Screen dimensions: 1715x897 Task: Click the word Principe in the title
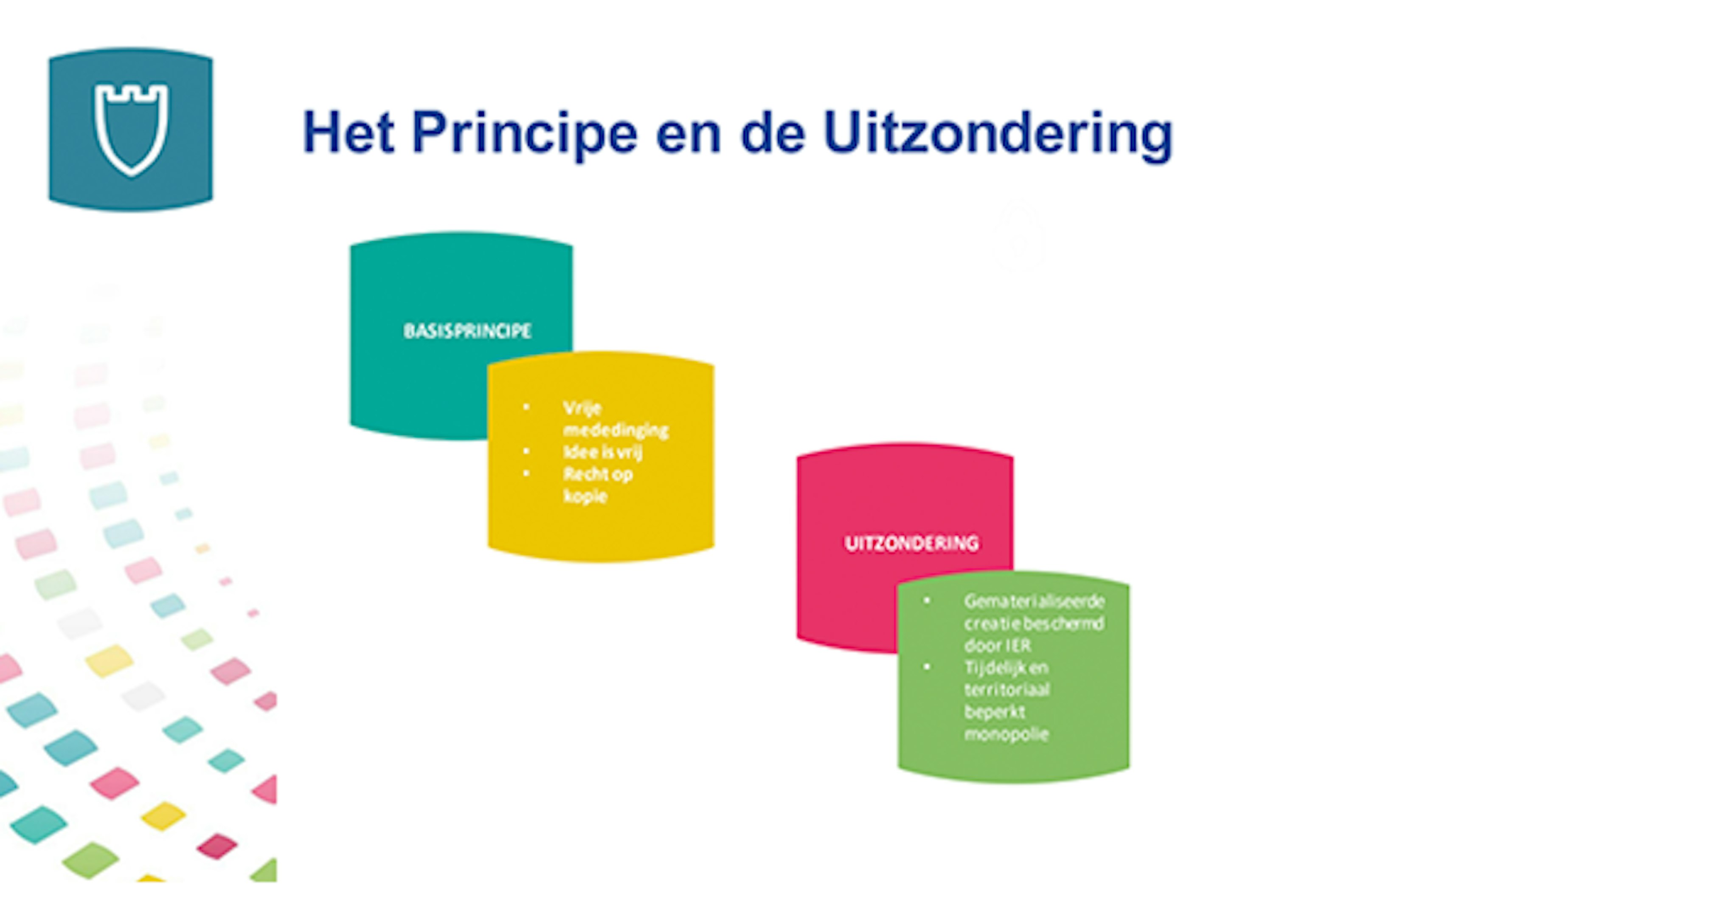[525, 134]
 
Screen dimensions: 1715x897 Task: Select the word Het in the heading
[348, 132]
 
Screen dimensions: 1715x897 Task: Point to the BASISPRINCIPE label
[467, 331]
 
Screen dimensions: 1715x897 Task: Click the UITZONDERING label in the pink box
[911, 543]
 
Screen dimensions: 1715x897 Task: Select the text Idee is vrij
[602, 452]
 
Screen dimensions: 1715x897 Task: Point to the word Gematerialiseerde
[1034, 601]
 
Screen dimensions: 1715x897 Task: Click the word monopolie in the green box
[1006, 734]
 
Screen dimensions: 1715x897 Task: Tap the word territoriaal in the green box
[1007, 689]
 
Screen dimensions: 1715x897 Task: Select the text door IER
[997, 645]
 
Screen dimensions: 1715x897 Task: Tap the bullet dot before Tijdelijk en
[927, 666]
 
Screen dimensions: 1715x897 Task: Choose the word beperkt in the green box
[995, 712]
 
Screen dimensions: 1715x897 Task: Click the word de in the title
[773, 134]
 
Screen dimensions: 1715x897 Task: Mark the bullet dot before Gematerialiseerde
[927, 601]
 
